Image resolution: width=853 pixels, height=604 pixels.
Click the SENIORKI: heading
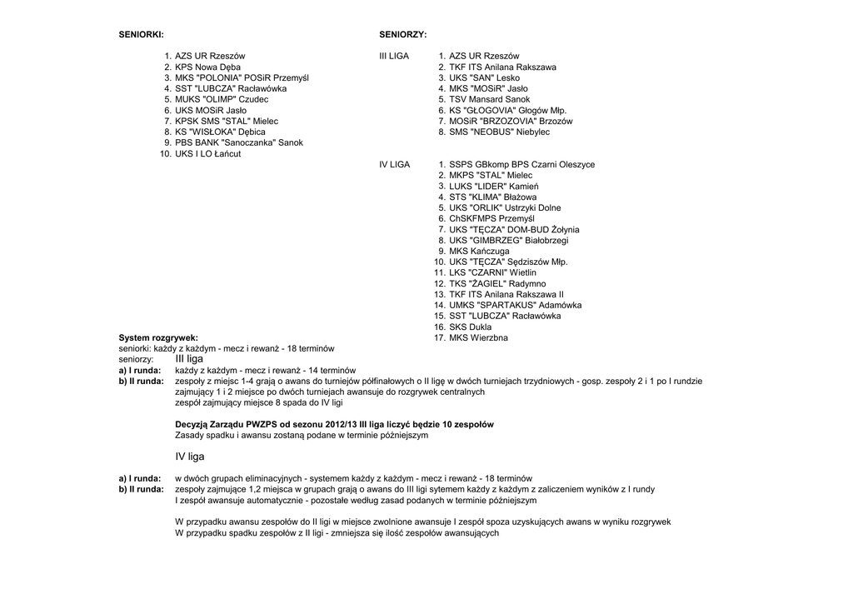pos(141,34)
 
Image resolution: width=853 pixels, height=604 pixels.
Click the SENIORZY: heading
pos(403,34)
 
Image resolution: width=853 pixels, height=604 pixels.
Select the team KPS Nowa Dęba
pos(207,67)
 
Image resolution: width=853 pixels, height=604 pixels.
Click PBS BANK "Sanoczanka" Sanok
pos(238,142)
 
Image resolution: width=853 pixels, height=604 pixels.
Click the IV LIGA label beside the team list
pos(394,165)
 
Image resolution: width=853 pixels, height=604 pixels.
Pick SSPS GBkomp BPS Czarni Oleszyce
pos(521,165)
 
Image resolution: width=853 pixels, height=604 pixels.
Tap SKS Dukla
pos(470,327)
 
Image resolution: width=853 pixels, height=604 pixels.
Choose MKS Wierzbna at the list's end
pos(478,337)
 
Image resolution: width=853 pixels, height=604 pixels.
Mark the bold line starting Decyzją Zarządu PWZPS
pos(334,424)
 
